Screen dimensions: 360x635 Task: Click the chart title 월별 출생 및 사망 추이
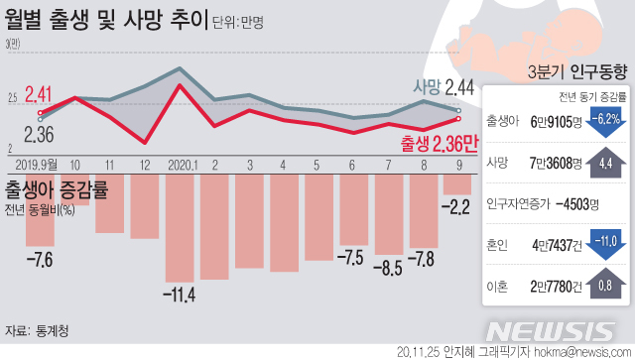coord(106,20)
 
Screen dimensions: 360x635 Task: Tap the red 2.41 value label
coord(39,95)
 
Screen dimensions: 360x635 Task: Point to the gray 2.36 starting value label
coord(39,134)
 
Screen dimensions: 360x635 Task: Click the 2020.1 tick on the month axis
coord(185,164)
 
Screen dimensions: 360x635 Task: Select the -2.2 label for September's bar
coord(457,209)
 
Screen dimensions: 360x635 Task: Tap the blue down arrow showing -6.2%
coord(604,121)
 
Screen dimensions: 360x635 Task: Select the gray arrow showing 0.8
coord(604,286)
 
